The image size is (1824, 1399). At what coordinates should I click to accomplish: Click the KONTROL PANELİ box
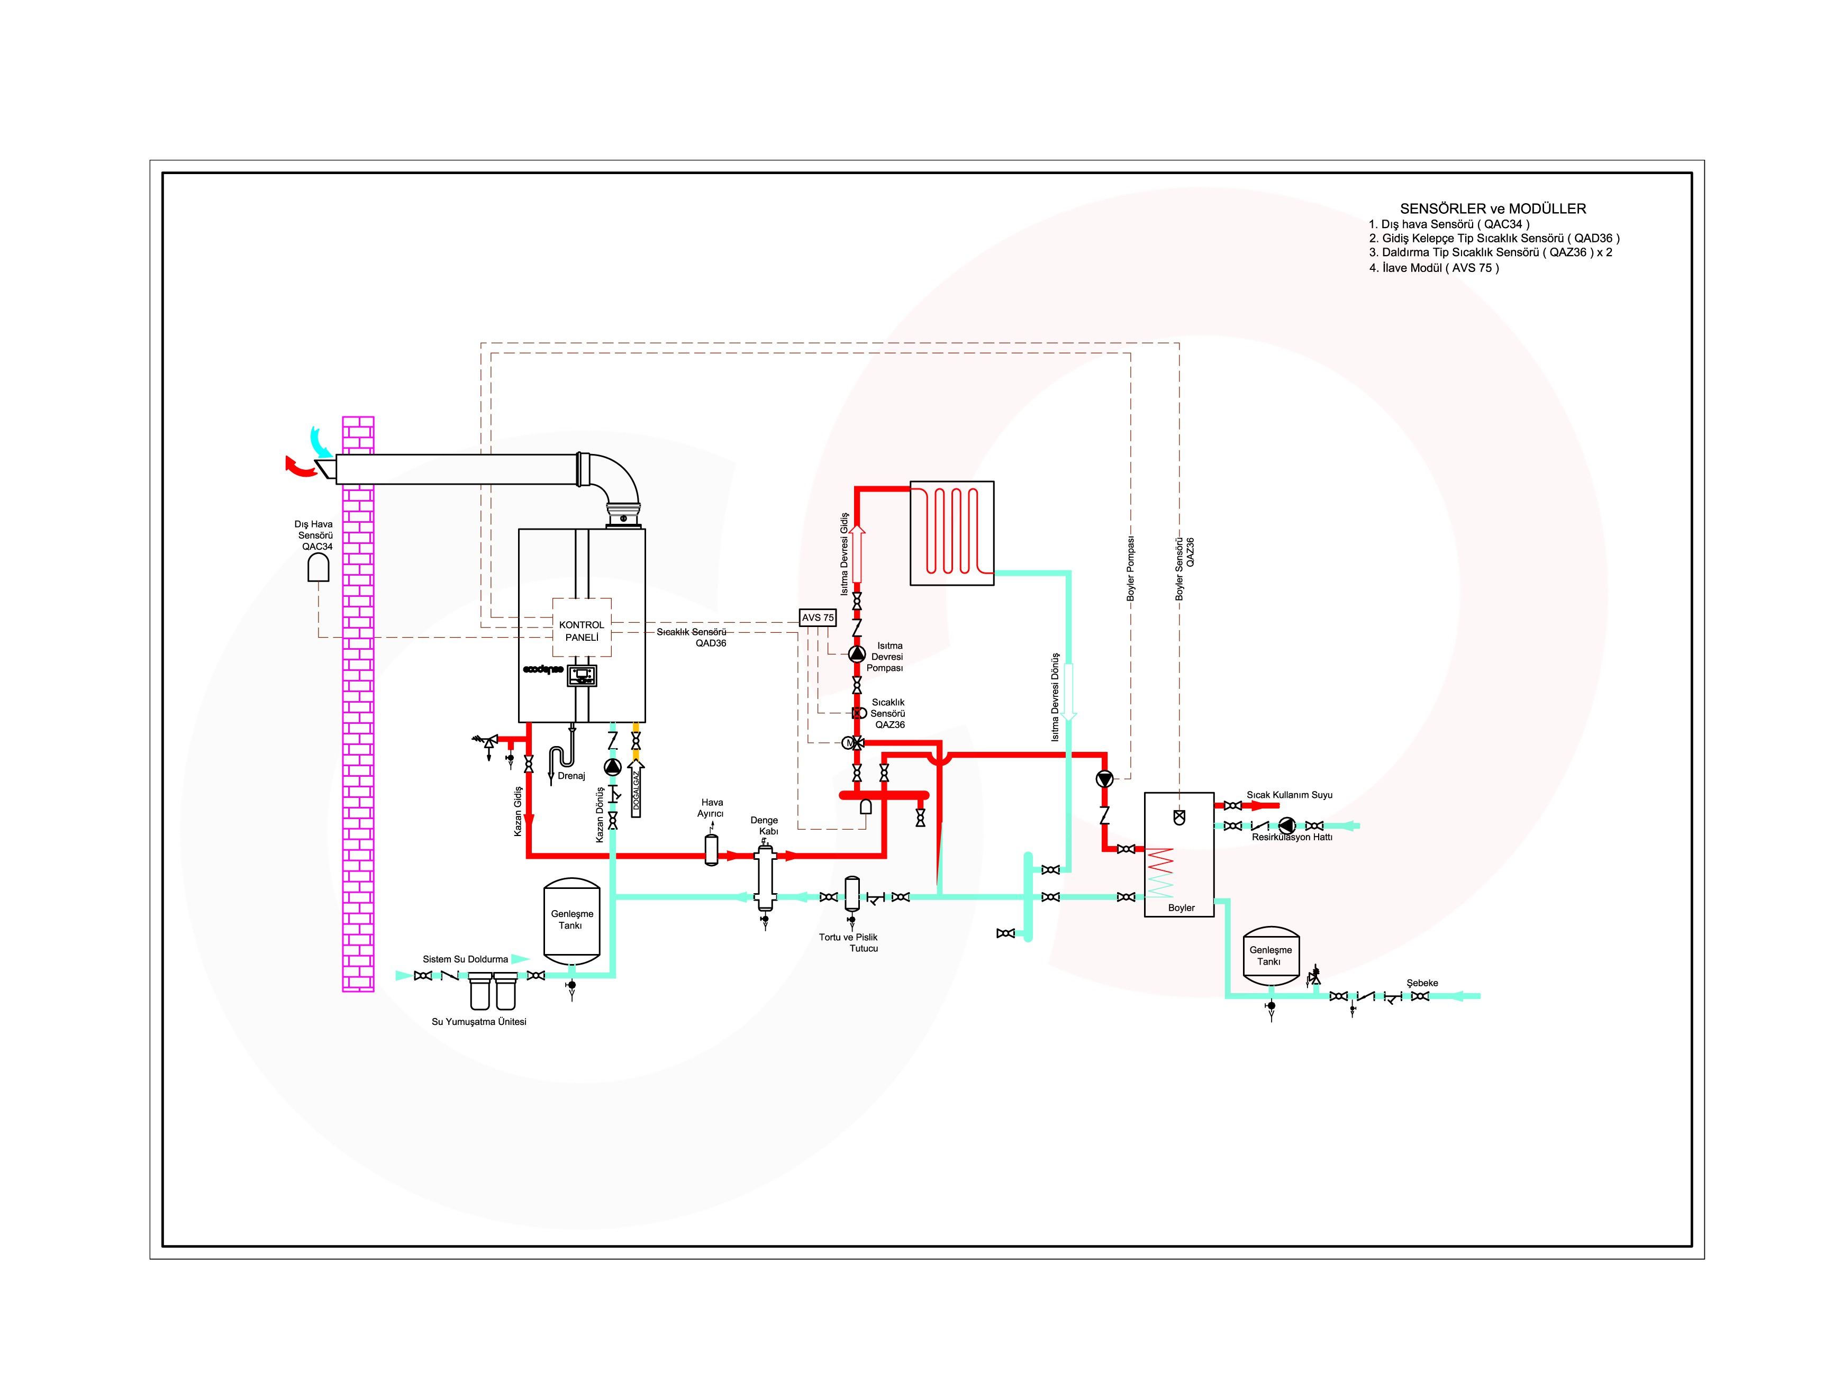tap(582, 627)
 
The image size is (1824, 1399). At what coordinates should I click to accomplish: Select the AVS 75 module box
tap(817, 617)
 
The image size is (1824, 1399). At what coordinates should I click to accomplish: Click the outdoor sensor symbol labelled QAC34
tap(318, 567)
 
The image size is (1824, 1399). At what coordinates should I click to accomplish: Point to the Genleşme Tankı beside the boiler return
tap(571, 920)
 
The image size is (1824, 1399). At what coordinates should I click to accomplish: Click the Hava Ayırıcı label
tap(711, 808)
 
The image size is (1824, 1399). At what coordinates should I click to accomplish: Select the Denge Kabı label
tap(765, 825)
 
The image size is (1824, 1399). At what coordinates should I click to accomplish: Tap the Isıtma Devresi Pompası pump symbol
tap(856, 653)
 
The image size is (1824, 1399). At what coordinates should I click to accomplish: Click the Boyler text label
tap(1181, 907)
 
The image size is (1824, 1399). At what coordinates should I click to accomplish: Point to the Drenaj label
tap(571, 775)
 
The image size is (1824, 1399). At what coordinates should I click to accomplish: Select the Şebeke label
tap(1422, 983)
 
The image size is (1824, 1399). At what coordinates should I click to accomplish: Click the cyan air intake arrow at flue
tap(320, 441)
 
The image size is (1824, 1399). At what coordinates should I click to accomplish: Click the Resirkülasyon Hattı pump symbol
tap(1287, 825)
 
